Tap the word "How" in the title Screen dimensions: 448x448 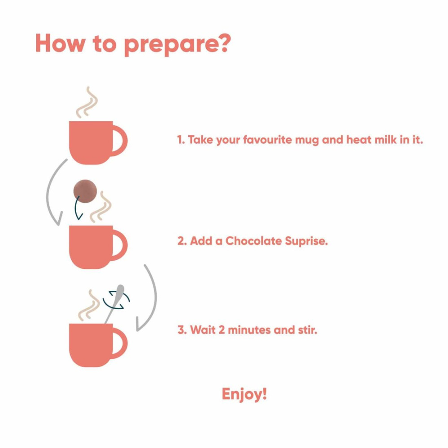(x=61, y=43)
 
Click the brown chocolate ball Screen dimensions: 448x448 (x=85, y=191)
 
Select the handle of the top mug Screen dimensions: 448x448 (x=120, y=141)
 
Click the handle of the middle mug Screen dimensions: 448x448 (x=120, y=246)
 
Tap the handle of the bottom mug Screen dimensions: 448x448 (x=120, y=344)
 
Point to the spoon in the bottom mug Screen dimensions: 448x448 (x=114, y=304)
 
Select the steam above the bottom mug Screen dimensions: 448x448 (x=89, y=305)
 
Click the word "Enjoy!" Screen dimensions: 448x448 (x=244, y=395)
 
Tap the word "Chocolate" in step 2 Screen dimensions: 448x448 (x=254, y=241)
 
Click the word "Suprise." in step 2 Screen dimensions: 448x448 (x=306, y=241)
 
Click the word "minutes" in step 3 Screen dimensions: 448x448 (x=249, y=330)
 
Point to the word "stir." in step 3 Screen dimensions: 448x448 (x=308, y=330)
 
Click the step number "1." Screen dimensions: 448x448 (x=181, y=140)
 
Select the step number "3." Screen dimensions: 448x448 (x=182, y=330)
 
